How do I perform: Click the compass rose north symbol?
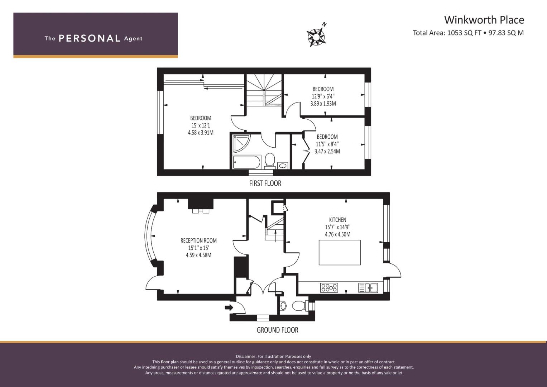click(x=316, y=35)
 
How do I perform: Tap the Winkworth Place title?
click(x=484, y=20)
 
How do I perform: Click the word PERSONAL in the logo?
click(x=90, y=38)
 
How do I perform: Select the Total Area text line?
click(x=468, y=33)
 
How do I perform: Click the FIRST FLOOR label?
click(x=265, y=183)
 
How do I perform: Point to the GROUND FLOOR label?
click(x=277, y=330)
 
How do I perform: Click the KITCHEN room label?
click(x=337, y=220)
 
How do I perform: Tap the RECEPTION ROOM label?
click(x=198, y=241)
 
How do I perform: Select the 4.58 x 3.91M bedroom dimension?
click(x=201, y=133)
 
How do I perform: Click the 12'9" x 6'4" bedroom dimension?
click(x=323, y=96)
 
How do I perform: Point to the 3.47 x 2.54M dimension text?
click(x=327, y=151)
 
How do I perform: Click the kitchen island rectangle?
click(x=340, y=252)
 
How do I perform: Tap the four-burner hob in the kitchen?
click(x=329, y=287)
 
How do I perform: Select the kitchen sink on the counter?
click(x=368, y=287)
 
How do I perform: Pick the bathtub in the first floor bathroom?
click(x=247, y=162)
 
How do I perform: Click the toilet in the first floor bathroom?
click(x=270, y=161)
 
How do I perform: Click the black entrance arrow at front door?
click(x=229, y=307)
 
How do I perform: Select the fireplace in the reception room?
click(x=201, y=206)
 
